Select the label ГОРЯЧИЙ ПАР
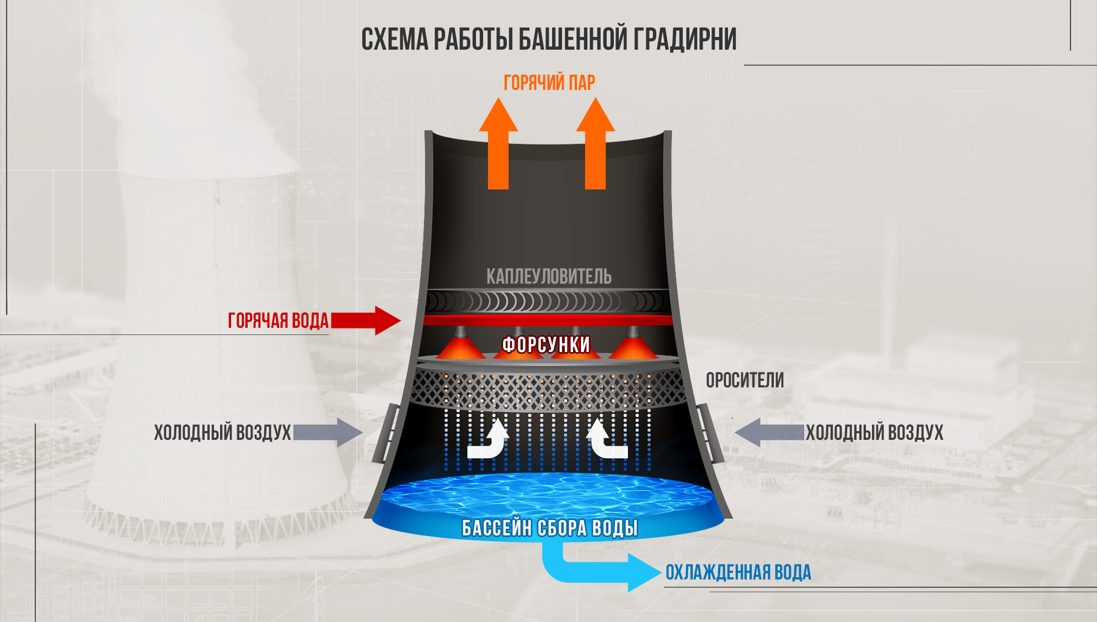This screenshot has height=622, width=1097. tap(549, 83)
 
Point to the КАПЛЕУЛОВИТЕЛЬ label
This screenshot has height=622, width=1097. tap(549, 277)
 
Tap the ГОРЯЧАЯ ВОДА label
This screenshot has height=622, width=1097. tap(278, 321)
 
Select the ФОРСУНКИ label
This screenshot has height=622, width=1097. tap(546, 345)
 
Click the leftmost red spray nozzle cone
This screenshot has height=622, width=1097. tap(461, 348)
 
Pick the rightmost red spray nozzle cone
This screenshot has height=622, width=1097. tap(633, 348)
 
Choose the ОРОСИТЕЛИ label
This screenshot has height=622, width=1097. tap(745, 380)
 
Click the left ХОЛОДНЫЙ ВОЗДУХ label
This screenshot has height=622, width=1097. tap(222, 433)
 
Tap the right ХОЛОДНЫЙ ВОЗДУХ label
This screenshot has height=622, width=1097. tap(874, 433)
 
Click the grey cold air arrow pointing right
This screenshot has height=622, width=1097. tap(328, 432)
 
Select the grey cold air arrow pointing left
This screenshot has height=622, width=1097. tap(769, 432)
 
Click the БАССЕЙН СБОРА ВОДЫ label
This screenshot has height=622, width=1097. tap(549, 528)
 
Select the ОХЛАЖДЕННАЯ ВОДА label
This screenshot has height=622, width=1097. tap(738, 573)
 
